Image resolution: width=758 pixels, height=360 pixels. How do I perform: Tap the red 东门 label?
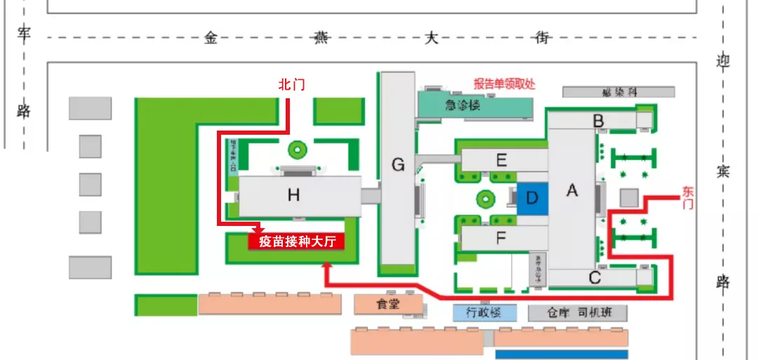[x=689, y=196]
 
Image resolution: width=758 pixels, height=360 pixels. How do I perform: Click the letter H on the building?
[x=293, y=196]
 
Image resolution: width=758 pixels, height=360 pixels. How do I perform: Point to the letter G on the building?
[x=398, y=166]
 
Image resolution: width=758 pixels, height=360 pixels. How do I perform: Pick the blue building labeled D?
[x=532, y=199]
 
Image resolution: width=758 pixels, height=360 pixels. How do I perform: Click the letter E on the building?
[x=501, y=160]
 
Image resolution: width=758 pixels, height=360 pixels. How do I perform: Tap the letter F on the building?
[x=501, y=238]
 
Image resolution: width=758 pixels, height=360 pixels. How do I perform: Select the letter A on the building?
[x=572, y=190]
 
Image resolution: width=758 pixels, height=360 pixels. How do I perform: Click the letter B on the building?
[x=598, y=121]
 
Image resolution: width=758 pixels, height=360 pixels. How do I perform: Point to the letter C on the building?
[x=595, y=276]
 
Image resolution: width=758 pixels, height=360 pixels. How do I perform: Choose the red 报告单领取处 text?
[x=504, y=84]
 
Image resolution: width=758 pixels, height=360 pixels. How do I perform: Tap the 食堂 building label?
[x=387, y=305]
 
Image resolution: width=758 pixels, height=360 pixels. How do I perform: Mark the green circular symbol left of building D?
[x=484, y=199]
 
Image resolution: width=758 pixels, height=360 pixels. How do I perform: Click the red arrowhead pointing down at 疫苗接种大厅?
[x=258, y=229]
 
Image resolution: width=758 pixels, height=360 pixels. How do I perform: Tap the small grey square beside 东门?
[x=629, y=198]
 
